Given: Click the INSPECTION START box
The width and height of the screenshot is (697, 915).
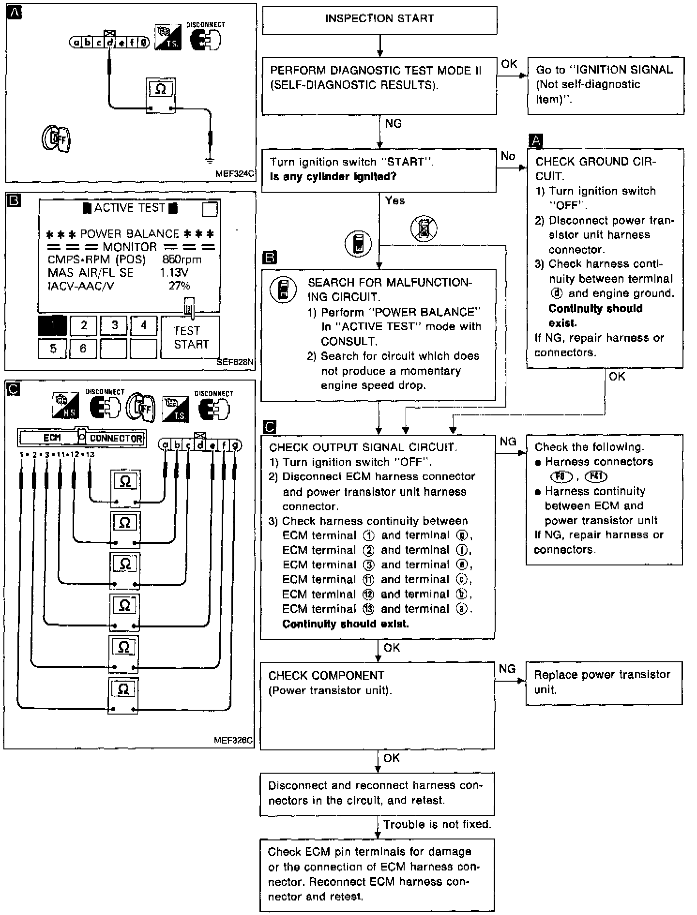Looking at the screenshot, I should click(379, 20).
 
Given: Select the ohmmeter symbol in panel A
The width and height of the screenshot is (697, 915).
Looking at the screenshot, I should click(161, 96).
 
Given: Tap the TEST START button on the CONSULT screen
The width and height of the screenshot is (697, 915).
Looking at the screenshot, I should click(190, 337).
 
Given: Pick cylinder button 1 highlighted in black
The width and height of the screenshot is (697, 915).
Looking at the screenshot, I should click(52, 326).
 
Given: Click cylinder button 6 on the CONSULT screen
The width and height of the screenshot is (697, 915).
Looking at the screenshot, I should click(83, 348).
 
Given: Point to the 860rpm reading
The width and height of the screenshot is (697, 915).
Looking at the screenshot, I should click(182, 259).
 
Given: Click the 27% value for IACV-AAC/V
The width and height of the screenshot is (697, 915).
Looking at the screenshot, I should click(179, 286).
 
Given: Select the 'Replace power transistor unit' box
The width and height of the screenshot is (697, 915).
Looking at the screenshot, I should click(604, 683).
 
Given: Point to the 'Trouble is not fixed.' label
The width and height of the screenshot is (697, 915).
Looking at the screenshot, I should click(437, 824).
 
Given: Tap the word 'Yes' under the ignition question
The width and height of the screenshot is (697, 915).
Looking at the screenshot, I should click(395, 200).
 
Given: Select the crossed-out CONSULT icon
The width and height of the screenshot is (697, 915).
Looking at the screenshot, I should click(424, 229).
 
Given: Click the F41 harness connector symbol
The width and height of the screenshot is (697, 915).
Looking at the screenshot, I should click(596, 476).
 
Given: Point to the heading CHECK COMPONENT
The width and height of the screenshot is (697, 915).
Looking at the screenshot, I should click(326, 675).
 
